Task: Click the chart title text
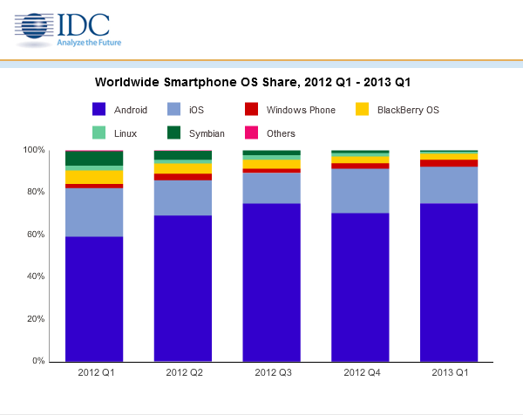coord(252,81)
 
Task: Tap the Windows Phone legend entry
coord(291,110)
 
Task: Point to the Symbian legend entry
coord(197,133)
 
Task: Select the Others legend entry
coord(271,133)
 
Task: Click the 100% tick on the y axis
coord(34,150)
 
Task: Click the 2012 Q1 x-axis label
coord(95,373)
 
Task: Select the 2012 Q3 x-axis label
coord(272,373)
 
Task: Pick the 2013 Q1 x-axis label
coord(449,373)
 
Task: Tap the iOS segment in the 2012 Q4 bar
coord(360,191)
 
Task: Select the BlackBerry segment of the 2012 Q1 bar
coord(94,177)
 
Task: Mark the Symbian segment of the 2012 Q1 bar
coord(94,158)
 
